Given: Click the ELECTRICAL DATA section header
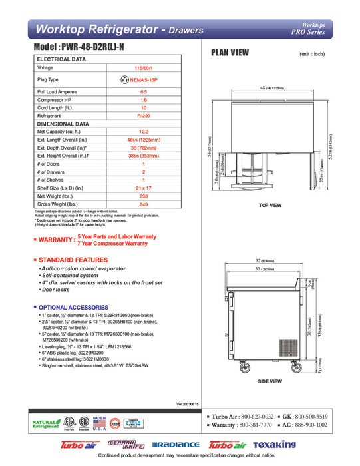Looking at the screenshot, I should pos(62,59).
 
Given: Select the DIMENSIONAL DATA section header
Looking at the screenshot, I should pos(63,124).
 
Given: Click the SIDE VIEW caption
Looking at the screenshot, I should pos(270,381).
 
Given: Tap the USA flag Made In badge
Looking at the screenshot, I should pos(100,423).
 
